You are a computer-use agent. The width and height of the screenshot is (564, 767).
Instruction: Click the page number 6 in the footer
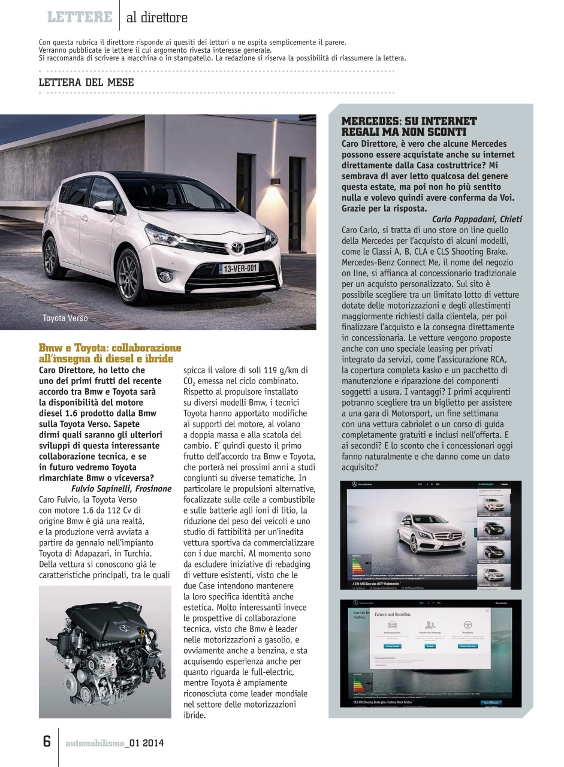pos(46,741)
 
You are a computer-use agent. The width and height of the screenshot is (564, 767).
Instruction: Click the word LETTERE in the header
pos(80,17)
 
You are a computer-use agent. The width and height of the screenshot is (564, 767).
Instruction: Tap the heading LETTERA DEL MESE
pos(86,82)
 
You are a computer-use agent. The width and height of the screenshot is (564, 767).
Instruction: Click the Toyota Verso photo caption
pos(65,318)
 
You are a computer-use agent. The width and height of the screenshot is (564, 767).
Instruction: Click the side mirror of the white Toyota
pos(103,206)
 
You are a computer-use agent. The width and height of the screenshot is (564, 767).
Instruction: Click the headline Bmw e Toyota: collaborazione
pos(110,348)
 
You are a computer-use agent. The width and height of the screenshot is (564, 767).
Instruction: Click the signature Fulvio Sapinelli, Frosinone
pos(113,488)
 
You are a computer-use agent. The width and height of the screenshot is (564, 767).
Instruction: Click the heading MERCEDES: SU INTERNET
pos(409,122)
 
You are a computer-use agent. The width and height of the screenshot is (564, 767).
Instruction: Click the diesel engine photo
pos(96,651)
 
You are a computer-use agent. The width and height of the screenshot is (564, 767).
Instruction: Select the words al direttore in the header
pos(156,18)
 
